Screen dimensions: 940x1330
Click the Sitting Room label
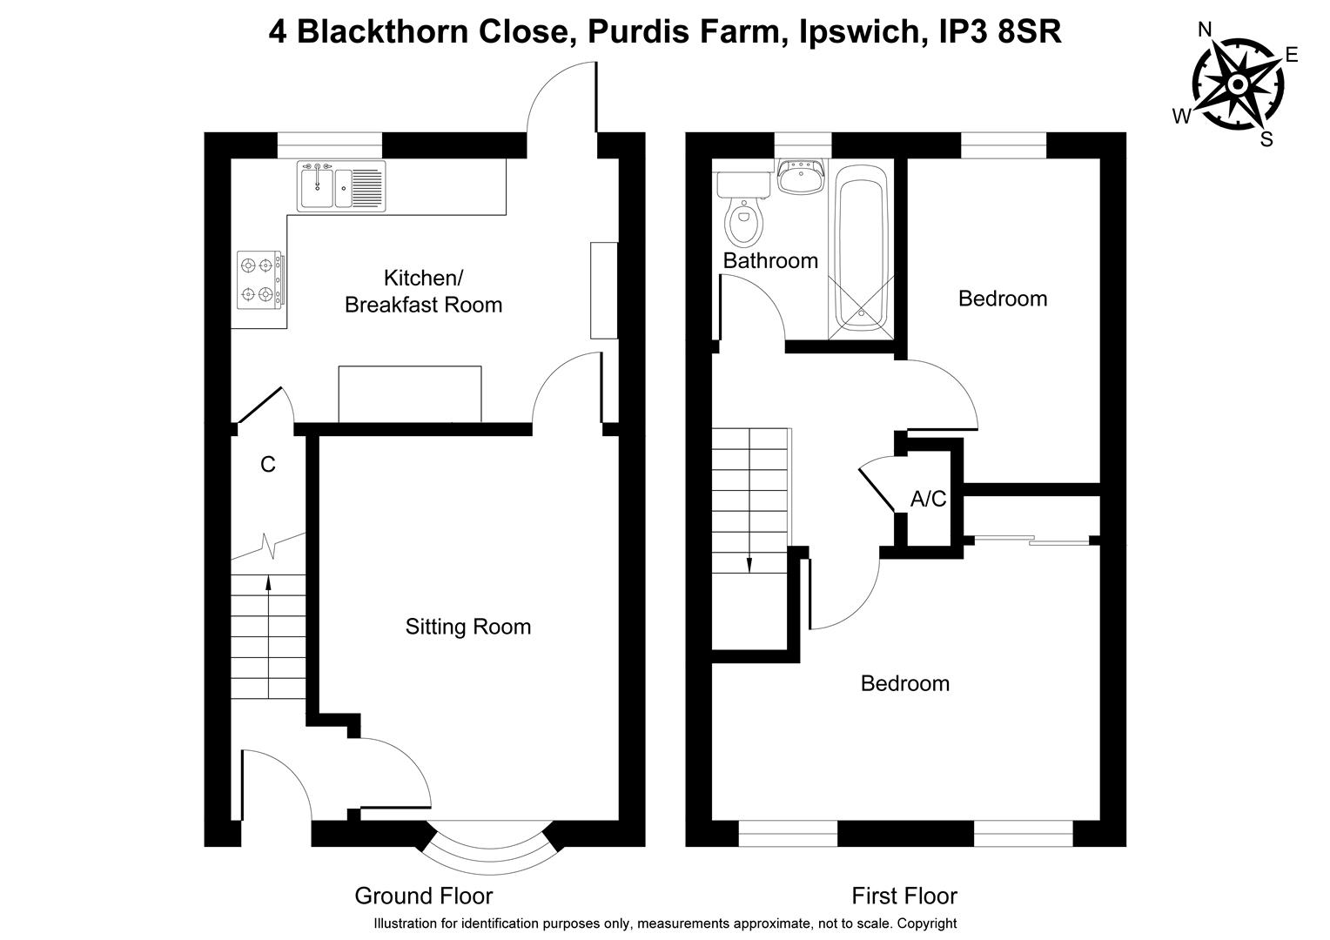point(467,627)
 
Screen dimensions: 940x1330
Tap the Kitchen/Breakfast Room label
point(423,292)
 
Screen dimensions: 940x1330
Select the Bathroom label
point(770,260)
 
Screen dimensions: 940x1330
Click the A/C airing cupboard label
point(928,500)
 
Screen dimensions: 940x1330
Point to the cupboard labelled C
point(268,465)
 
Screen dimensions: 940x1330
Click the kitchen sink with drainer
point(341,186)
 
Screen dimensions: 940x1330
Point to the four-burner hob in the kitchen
point(259,279)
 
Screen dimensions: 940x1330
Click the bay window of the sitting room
point(489,840)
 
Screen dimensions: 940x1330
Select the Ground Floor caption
point(423,896)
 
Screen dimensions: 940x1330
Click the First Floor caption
point(903,896)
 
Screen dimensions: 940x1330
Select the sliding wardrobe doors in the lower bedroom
point(1031,541)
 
